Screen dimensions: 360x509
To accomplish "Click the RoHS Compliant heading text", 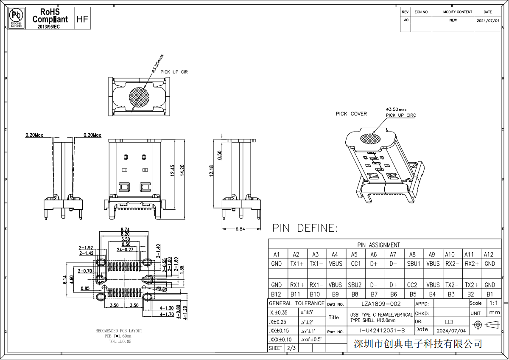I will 50,15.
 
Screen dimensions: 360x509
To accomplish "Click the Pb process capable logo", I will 16,17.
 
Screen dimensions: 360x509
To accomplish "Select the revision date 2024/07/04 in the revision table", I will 488,20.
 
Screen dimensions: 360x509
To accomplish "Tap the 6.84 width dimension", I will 240,229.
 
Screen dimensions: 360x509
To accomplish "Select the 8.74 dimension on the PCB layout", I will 125,230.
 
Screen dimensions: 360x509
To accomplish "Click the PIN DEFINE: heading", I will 305,228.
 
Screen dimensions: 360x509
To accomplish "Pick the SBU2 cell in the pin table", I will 354,285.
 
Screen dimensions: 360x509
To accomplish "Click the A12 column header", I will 489,254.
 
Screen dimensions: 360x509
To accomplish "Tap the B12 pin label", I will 276,294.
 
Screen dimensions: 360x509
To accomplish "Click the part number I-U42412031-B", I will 382,331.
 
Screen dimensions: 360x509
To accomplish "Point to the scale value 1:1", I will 493,303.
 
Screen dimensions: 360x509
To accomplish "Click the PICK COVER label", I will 351,114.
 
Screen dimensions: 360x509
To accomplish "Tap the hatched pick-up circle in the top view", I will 139,97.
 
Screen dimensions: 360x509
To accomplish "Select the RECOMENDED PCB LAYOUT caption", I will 119,331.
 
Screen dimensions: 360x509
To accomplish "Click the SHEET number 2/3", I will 292,348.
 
